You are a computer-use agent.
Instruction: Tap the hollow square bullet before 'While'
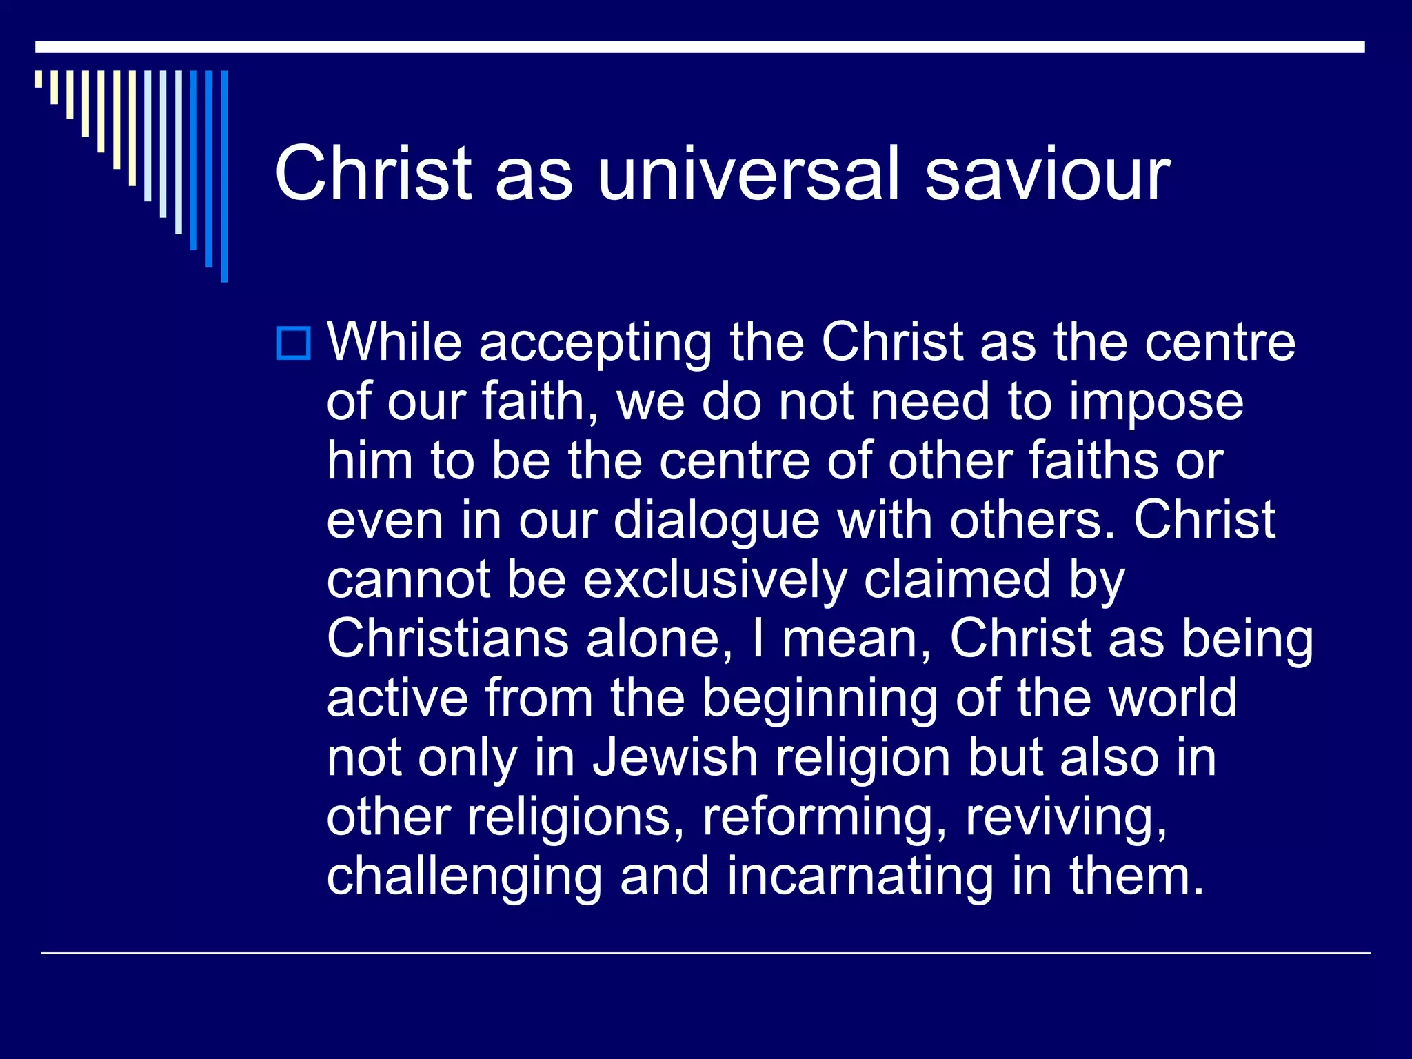click(294, 343)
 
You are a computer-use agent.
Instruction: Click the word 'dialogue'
click(717, 522)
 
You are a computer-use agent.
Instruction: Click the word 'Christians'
click(447, 639)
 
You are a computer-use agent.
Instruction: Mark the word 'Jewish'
click(676, 758)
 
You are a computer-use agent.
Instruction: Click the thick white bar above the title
click(700, 47)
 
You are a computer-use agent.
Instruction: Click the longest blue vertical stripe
click(224, 176)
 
